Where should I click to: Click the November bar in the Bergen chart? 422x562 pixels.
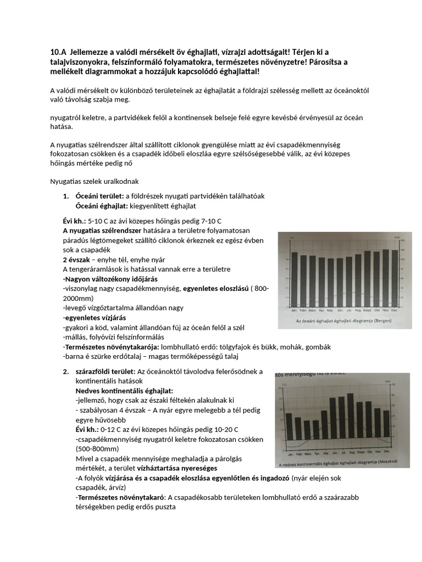pyautogui.click(x=385, y=278)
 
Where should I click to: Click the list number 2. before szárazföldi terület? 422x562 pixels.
pyautogui.click(x=66, y=372)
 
